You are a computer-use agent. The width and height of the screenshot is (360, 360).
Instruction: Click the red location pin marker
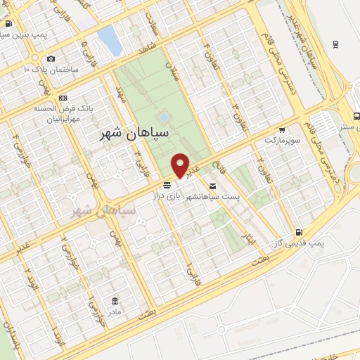[x=181, y=165]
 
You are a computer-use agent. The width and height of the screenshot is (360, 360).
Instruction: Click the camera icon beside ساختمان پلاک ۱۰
[x=51, y=59]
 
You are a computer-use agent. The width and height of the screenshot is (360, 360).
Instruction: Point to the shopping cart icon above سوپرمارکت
[x=281, y=130]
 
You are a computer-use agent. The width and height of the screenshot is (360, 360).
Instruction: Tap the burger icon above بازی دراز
[x=166, y=185]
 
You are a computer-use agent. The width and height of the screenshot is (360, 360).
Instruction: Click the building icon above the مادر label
[x=112, y=300]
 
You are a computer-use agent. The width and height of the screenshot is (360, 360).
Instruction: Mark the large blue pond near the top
[x=110, y=40]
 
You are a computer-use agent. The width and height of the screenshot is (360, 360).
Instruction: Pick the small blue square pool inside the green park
[x=164, y=117]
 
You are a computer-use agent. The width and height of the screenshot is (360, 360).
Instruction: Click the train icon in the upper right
[x=335, y=44]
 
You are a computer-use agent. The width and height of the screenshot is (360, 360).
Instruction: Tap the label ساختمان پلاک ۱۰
[x=52, y=70]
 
